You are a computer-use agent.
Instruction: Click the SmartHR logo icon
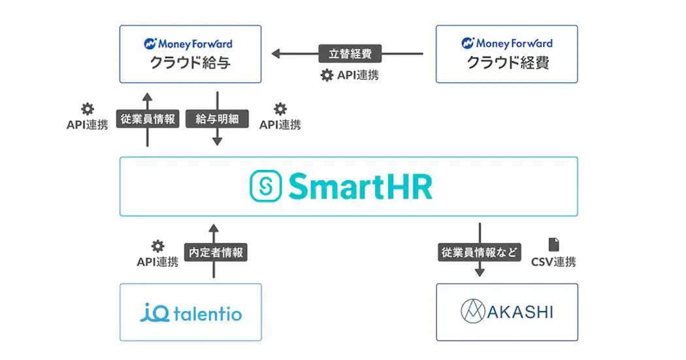(266, 186)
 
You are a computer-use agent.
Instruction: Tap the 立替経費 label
(350, 53)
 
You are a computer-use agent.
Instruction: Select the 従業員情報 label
(148, 119)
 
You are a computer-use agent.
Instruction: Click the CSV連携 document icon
(553, 244)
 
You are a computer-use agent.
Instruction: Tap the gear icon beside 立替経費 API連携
(327, 75)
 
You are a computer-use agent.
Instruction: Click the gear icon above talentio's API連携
(157, 246)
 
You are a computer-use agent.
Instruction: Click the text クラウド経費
(507, 63)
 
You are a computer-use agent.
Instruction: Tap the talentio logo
(191, 313)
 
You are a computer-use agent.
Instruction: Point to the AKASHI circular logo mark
(473, 311)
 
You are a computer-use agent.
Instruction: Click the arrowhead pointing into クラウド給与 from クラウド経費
(276, 54)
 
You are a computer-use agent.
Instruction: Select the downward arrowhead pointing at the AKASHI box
(480, 271)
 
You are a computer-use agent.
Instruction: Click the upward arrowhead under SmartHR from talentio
(214, 228)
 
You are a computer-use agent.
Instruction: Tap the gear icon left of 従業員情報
(87, 109)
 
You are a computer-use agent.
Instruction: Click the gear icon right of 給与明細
(280, 109)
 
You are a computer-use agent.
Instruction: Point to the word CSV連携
(553, 262)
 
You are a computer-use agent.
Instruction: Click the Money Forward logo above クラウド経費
(507, 44)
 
